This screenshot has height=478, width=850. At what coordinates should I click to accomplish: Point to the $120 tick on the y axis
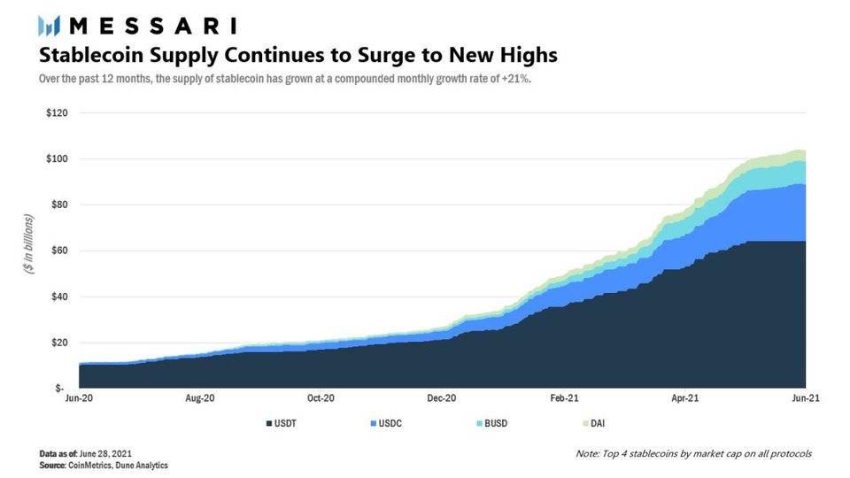[x=56, y=113]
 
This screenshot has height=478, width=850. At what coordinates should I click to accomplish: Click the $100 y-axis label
[x=56, y=159]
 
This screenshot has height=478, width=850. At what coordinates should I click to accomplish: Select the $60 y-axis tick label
[x=58, y=251]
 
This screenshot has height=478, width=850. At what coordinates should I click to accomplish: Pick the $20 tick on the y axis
[x=58, y=343]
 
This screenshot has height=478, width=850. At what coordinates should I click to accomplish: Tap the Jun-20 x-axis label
[x=80, y=398]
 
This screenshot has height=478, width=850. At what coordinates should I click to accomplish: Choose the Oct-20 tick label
[x=321, y=398]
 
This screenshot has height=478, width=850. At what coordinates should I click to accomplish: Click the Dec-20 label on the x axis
[x=442, y=398]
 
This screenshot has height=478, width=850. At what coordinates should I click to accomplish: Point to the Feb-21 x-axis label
[x=563, y=398]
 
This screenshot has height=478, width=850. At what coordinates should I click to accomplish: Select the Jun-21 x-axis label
[x=804, y=398]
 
